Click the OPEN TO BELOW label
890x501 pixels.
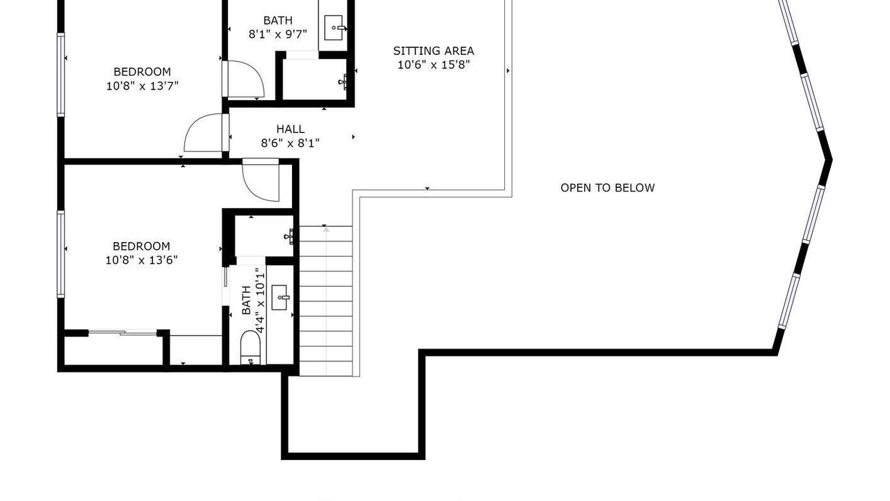[x=608, y=188]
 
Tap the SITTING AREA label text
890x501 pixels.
[x=433, y=51]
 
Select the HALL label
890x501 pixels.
[x=291, y=129]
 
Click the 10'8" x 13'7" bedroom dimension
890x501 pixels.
[x=143, y=86]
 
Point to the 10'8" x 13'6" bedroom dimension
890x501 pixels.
[x=141, y=260]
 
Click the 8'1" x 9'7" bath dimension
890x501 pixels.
[x=277, y=34]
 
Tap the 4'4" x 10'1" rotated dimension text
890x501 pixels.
[x=260, y=301]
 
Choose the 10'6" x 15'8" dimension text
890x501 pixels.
[x=434, y=65]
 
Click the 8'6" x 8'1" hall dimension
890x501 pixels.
[x=291, y=143]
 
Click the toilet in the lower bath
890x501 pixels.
[x=250, y=347]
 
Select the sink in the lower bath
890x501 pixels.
[x=280, y=297]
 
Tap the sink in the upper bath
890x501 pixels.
[x=334, y=28]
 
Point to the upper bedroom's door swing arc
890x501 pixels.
[x=195, y=127]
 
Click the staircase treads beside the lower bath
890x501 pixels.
[x=326, y=301]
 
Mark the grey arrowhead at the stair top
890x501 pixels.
[x=326, y=230]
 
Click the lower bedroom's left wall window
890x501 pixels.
[x=60, y=254]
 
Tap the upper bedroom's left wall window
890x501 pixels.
[x=60, y=74]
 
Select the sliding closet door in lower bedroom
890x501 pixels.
[x=123, y=333]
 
